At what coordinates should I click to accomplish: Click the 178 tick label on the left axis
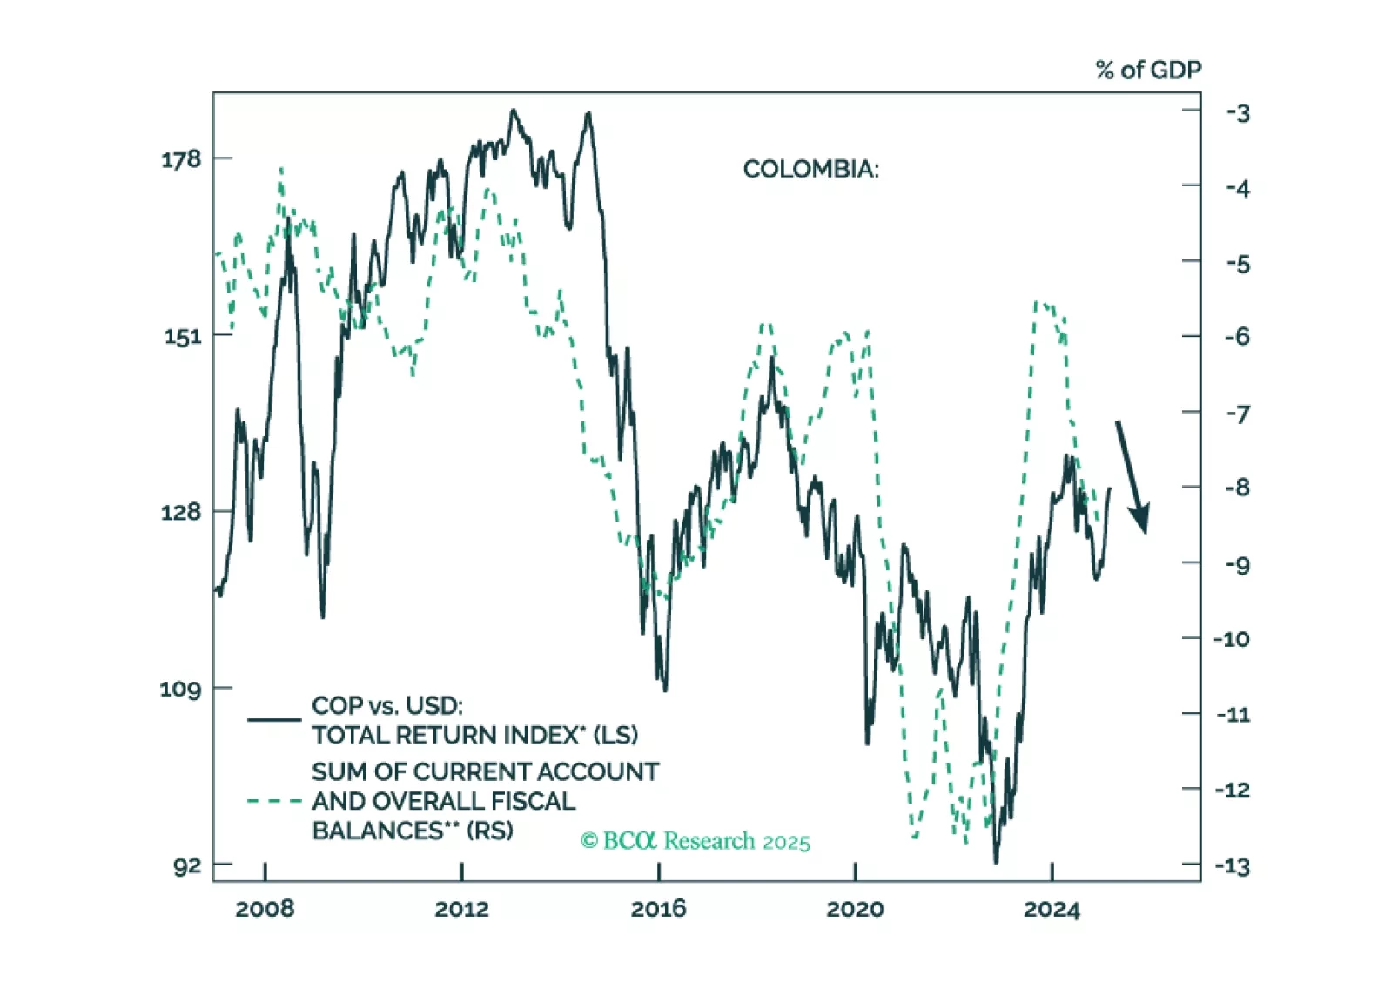point(180,159)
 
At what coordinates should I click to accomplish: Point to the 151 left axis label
point(182,336)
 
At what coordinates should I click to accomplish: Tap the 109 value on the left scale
point(180,690)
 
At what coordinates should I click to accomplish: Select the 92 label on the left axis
point(186,866)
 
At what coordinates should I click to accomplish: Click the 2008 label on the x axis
point(265,910)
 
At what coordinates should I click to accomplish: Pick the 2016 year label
point(658,910)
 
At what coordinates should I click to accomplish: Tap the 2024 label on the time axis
point(1052,910)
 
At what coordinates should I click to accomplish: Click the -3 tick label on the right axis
point(1238,113)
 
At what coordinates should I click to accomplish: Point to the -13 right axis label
point(1233,867)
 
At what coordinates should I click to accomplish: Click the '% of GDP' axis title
point(1148,71)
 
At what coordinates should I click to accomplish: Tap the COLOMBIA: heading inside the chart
point(810,169)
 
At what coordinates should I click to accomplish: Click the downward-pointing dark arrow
point(1132,477)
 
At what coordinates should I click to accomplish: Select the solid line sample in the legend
point(274,720)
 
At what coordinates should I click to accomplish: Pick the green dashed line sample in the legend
point(274,801)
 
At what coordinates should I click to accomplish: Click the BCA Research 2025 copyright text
point(695,841)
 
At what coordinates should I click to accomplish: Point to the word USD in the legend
point(433,706)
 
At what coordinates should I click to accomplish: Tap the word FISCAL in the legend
point(532,801)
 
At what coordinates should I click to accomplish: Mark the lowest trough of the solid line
point(996,861)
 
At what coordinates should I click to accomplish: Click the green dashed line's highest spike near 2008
point(281,169)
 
